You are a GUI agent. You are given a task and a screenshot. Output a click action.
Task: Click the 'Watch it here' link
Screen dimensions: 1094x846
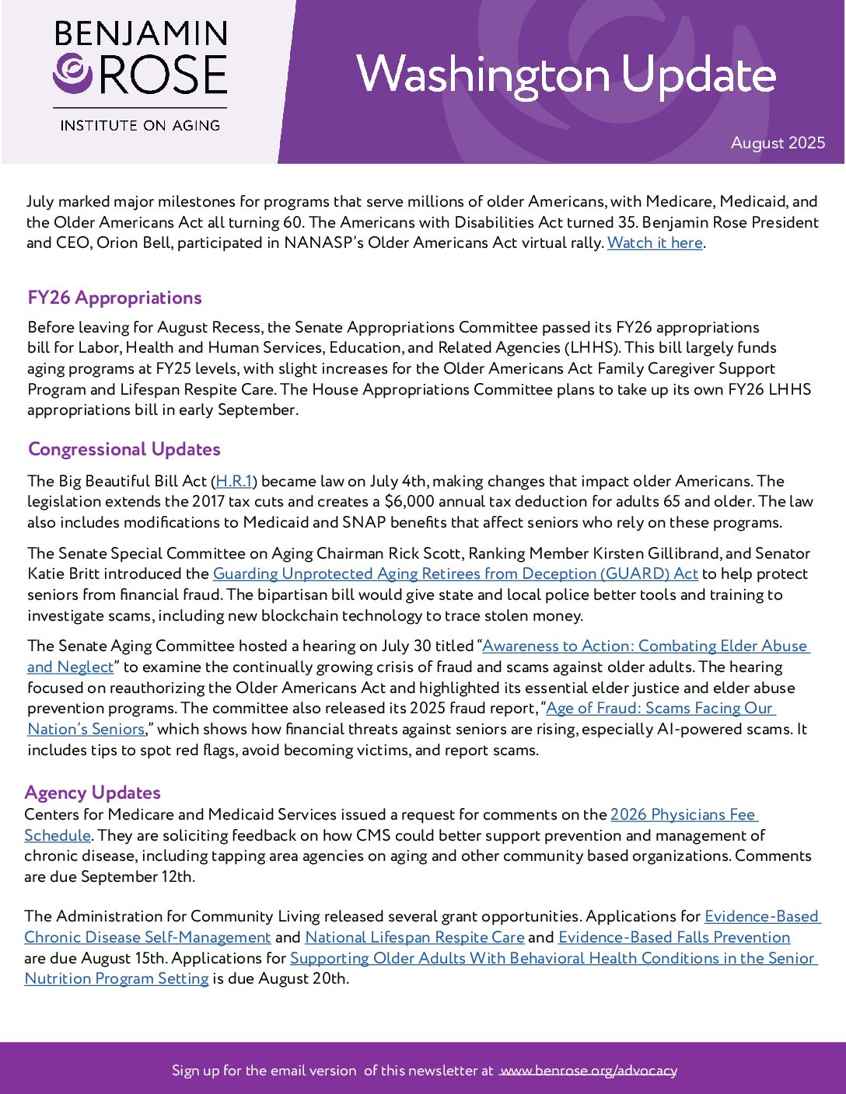pos(655,243)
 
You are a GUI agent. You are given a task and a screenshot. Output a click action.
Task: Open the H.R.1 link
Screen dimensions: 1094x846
pos(234,482)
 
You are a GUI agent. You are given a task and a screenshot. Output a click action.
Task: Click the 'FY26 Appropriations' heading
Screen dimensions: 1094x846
pos(114,298)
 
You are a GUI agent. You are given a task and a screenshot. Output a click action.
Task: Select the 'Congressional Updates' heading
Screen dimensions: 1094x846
pos(124,449)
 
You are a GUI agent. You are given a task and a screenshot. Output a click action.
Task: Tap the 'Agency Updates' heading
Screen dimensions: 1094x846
pos(93,793)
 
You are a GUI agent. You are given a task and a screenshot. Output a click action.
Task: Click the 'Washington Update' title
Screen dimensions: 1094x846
pos(566,75)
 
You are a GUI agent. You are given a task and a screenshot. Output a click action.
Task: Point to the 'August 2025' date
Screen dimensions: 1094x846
pos(778,143)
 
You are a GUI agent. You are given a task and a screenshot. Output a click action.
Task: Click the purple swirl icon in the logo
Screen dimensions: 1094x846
pos(73,72)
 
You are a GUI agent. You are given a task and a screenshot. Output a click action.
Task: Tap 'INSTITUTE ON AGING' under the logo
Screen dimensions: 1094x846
pos(140,125)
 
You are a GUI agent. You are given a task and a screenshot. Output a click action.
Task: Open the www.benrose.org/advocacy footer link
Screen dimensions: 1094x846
pos(588,1071)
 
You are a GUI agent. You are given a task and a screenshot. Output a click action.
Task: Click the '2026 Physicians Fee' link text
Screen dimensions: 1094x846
pos(683,814)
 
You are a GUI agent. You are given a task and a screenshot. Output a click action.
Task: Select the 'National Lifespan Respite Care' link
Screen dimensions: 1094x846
pos(414,938)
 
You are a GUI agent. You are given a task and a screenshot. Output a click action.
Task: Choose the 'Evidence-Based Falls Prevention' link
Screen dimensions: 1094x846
pos(674,938)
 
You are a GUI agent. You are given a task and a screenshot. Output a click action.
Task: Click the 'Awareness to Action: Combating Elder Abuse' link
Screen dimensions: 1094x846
pos(645,646)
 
